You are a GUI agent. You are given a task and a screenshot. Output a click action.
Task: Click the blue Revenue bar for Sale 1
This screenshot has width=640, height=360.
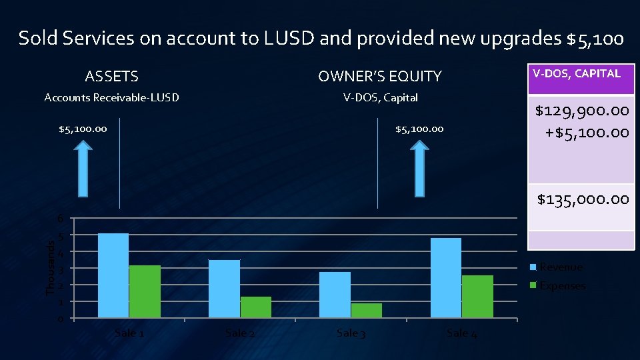[x=113, y=275]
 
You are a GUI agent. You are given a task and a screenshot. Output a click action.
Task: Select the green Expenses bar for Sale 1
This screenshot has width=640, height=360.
[x=145, y=291]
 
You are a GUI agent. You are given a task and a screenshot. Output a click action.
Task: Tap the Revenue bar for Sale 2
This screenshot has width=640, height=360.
[x=224, y=289]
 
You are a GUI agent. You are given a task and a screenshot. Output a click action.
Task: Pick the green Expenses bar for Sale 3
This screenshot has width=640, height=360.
[x=367, y=311]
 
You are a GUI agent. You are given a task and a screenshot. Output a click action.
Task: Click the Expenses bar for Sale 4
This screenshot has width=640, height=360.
[x=477, y=296]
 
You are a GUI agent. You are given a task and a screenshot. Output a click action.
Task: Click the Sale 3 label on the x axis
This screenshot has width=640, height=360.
[x=351, y=333]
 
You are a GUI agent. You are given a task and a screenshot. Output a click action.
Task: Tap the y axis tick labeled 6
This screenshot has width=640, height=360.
[x=60, y=219]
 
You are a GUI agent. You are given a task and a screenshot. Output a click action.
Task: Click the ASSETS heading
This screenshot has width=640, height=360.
[x=112, y=77]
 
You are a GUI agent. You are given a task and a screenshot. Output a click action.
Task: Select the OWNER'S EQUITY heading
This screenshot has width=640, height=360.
[x=380, y=77]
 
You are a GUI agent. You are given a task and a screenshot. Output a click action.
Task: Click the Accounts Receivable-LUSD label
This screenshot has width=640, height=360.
[x=111, y=98]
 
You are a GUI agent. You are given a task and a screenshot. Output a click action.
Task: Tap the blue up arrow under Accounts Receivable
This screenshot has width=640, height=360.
[x=83, y=171]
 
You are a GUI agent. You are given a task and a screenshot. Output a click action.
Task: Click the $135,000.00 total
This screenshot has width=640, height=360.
[x=583, y=199]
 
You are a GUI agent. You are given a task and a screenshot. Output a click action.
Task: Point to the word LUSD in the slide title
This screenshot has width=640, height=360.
[x=291, y=39]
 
